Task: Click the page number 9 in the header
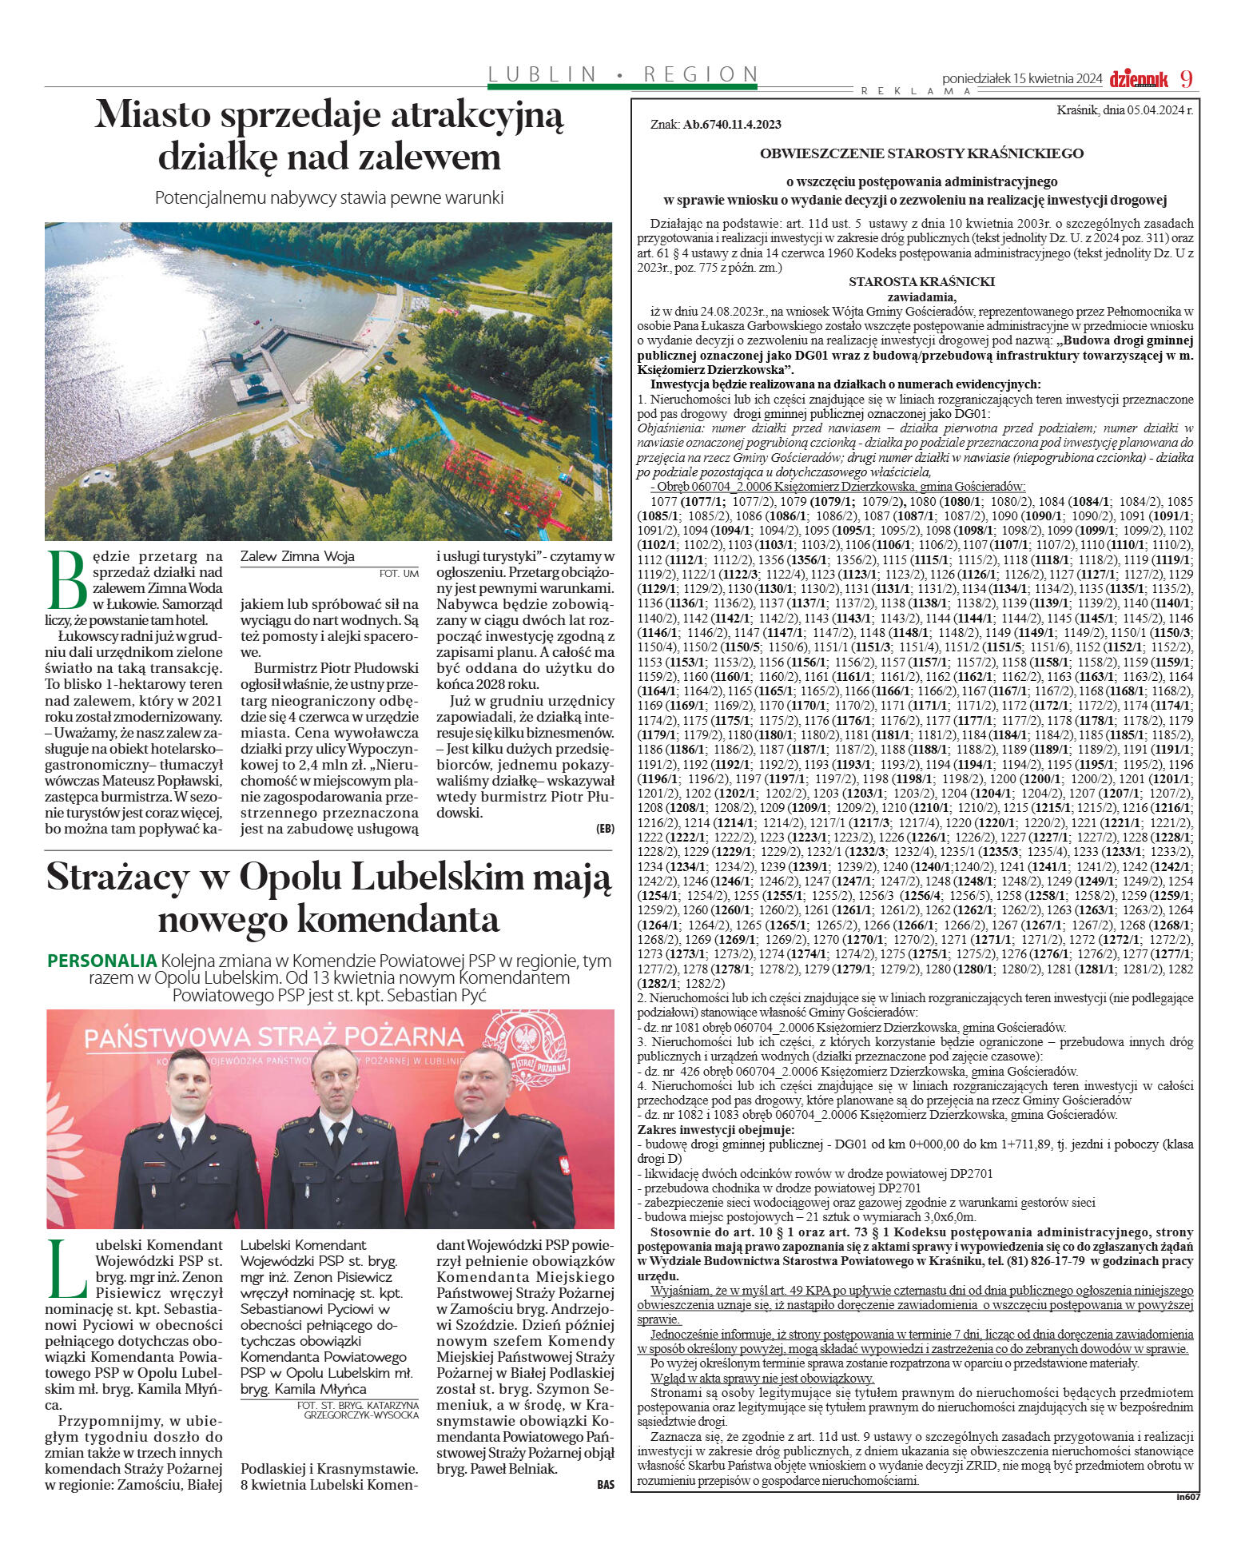(x=1186, y=79)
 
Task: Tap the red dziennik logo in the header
(x=1139, y=79)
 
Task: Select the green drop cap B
(x=67, y=579)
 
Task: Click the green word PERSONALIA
(x=101, y=961)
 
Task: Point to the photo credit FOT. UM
(x=399, y=573)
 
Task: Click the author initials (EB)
(x=605, y=829)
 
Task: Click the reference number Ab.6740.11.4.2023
(x=732, y=125)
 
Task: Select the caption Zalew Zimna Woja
(x=297, y=556)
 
